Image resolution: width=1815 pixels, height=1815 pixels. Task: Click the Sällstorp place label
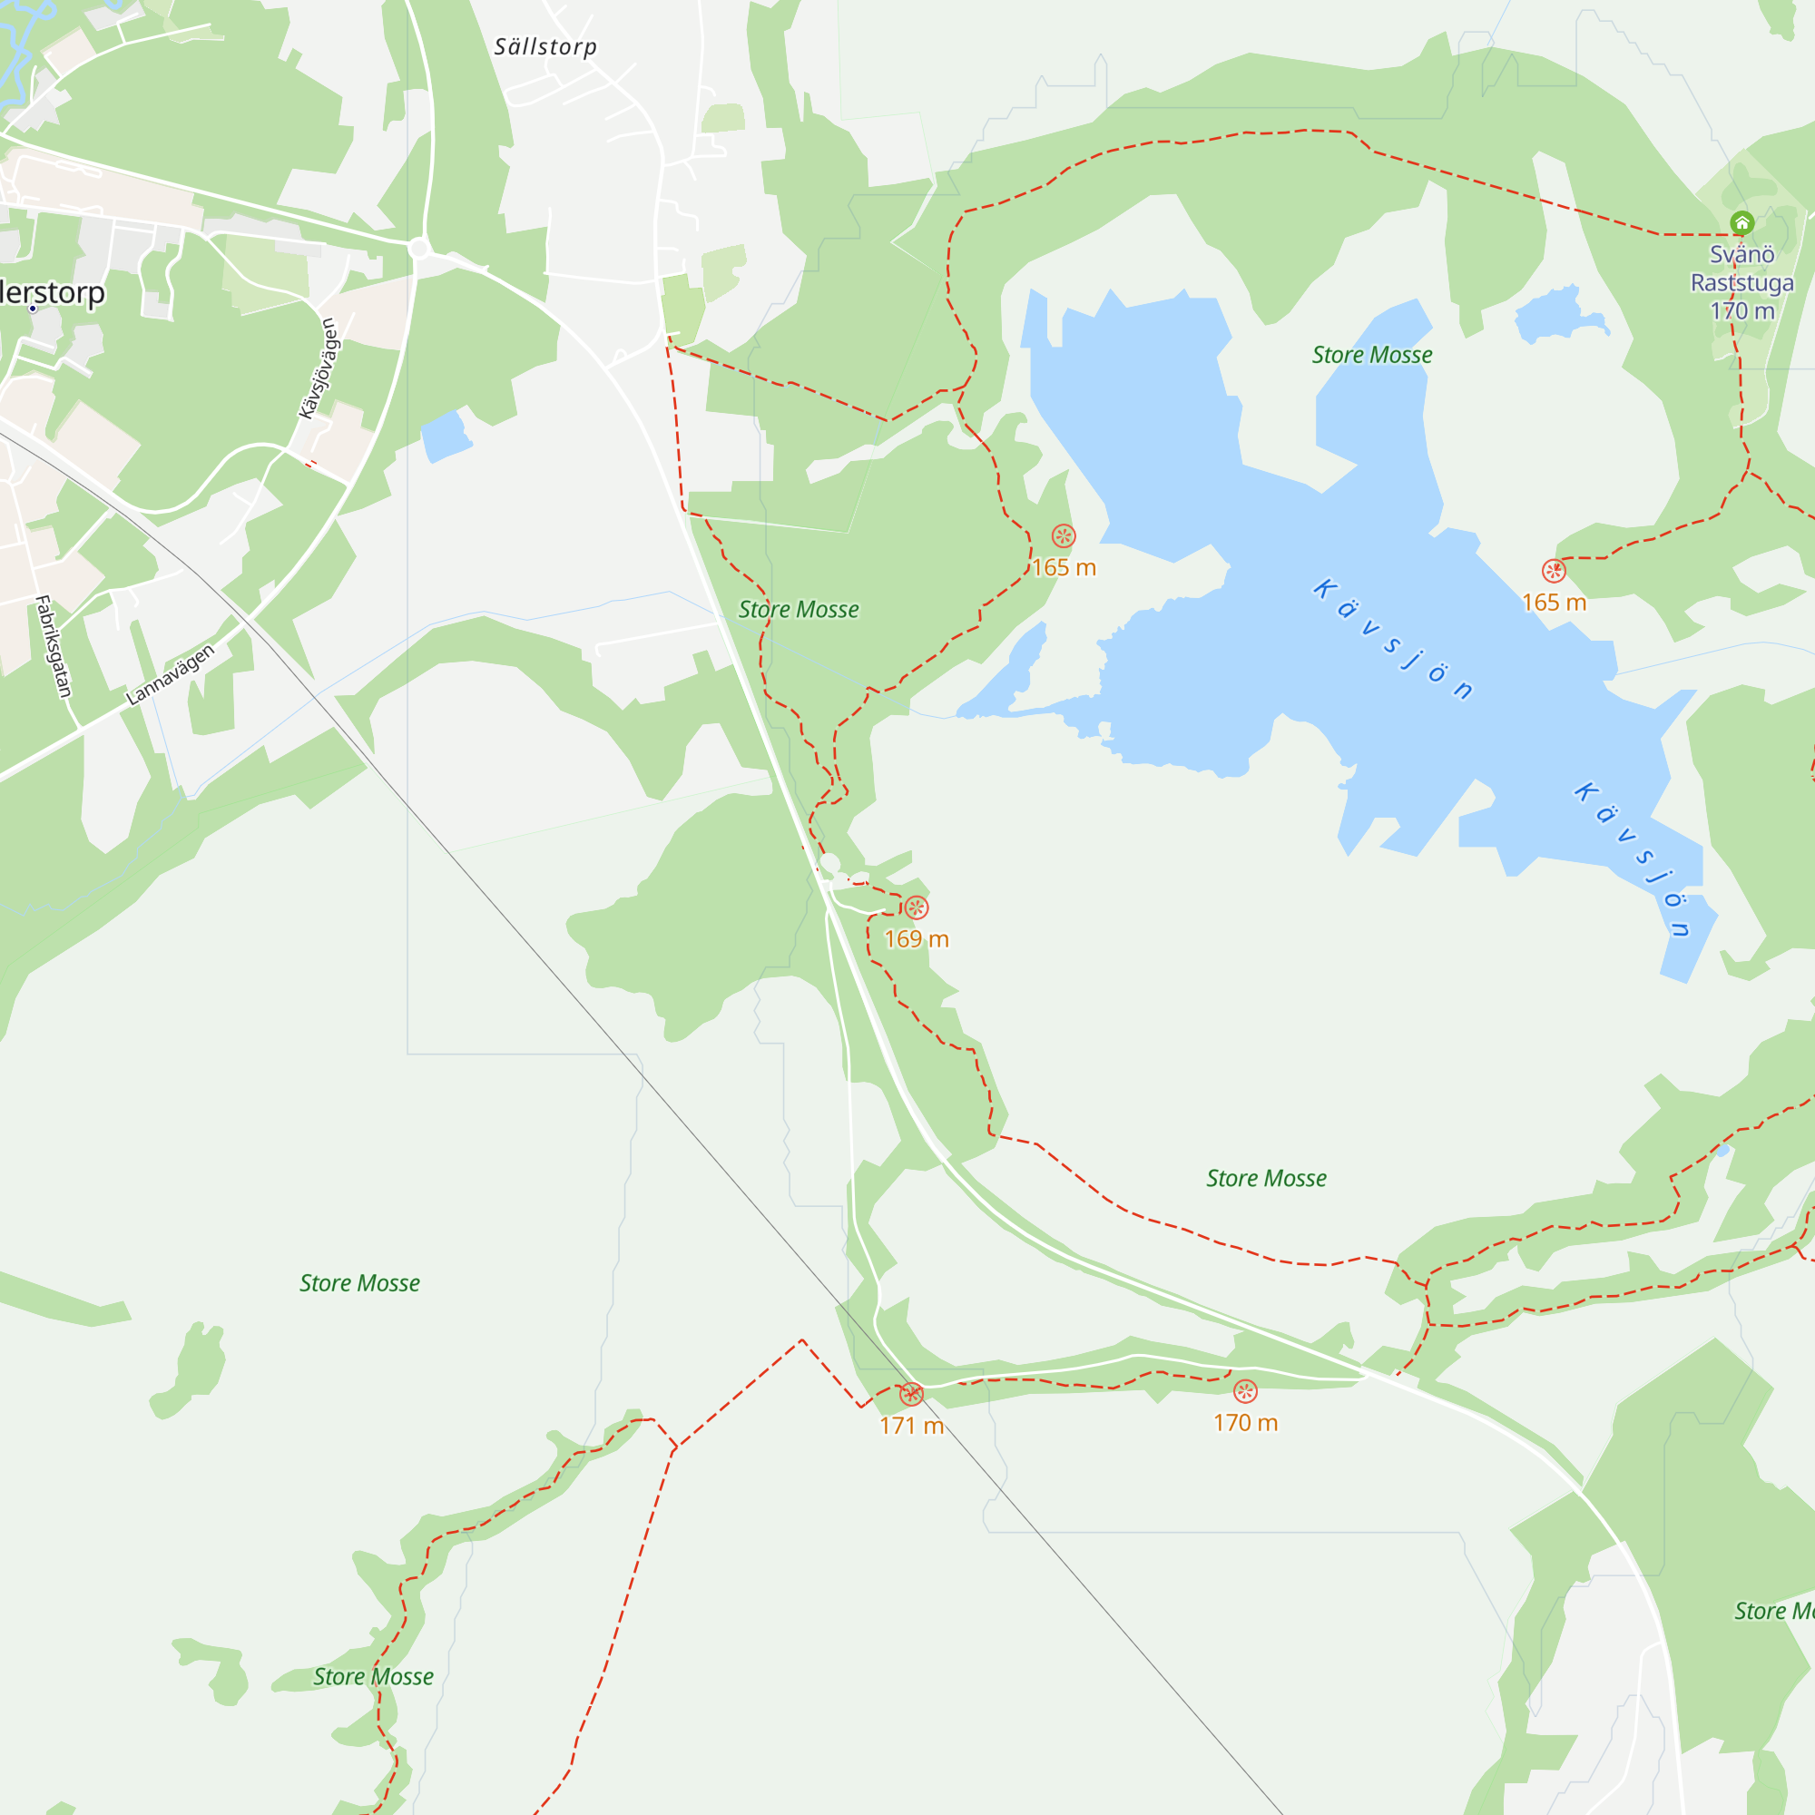pos(544,47)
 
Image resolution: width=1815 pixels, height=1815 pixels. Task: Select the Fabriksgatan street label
pos(53,646)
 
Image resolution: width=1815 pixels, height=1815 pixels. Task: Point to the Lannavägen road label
pos(170,673)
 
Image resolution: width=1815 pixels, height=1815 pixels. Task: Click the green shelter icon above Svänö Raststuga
pos(1741,222)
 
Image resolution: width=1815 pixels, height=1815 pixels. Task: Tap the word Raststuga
pos(1741,283)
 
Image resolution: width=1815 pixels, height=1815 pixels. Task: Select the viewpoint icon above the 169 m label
pos(916,907)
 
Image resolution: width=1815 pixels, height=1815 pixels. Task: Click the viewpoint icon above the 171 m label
pos(911,1394)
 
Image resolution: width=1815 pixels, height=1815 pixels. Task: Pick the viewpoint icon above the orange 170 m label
pos(1245,1391)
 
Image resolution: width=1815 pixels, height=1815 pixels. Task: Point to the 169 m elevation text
pos(916,939)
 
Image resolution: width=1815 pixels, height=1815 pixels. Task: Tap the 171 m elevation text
pos(911,1426)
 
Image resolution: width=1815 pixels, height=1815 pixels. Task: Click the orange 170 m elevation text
pos(1245,1423)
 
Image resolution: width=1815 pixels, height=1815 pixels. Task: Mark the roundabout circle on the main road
pos(419,249)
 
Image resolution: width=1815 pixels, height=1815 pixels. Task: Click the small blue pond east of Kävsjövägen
pos(445,436)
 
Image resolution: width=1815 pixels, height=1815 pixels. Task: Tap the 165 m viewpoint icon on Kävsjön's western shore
pos(1064,536)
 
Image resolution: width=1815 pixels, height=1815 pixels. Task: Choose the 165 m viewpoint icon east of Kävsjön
pos(1554,571)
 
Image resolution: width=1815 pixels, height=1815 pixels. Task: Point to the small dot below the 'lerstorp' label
pos(33,309)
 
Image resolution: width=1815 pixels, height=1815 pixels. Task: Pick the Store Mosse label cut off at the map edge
pos(1773,1612)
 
